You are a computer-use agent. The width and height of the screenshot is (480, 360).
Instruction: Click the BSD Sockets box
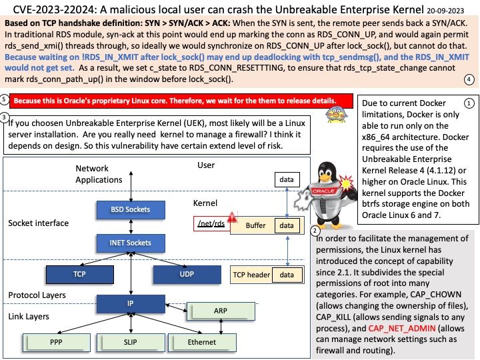point(131,210)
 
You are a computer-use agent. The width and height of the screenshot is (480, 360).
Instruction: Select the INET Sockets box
point(131,243)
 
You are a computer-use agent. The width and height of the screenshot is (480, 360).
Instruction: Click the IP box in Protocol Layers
point(131,304)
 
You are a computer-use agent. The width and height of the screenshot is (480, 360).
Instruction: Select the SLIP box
point(131,342)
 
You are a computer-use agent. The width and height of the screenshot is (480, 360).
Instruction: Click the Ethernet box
point(201,342)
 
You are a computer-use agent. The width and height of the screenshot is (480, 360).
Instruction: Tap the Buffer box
point(255,226)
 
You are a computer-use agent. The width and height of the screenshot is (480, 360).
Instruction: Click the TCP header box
point(250,274)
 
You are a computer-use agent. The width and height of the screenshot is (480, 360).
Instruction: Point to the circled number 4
point(469,79)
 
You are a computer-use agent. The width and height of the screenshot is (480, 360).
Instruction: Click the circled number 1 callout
point(469,104)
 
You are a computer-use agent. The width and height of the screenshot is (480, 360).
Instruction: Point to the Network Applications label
point(98,175)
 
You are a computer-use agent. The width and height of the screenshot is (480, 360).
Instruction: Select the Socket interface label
point(38,223)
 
